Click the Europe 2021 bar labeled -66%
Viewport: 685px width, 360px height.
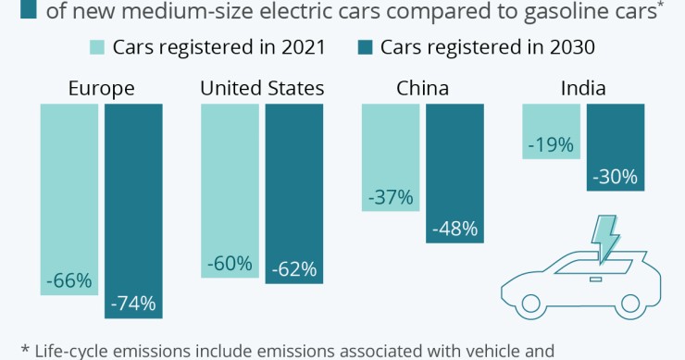tap(69, 199)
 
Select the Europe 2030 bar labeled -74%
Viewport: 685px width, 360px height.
tap(133, 211)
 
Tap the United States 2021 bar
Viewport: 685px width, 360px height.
tap(230, 190)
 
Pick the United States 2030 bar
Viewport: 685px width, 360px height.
tap(293, 192)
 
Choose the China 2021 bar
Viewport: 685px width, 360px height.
tap(390, 156)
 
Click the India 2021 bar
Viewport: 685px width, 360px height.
tap(552, 130)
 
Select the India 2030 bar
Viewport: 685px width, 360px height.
tap(616, 147)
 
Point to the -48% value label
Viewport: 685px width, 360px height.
tap(455, 228)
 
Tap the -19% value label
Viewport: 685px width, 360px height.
tap(552, 144)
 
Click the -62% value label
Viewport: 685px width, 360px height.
tap(293, 269)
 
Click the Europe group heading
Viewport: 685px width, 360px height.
tap(102, 89)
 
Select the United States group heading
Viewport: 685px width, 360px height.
tap(262, 89)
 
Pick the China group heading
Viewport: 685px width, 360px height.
tap(422, 89)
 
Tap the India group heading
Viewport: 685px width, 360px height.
tap(583, 89)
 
